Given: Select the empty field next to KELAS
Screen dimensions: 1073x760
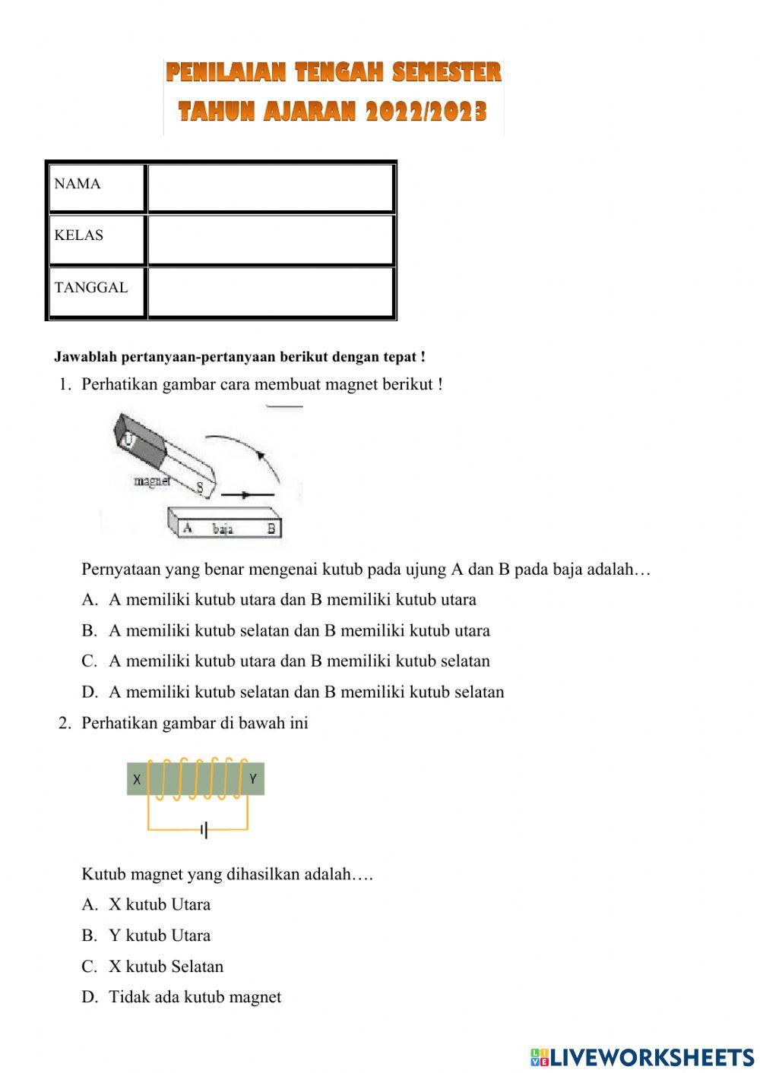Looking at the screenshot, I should [271, 239].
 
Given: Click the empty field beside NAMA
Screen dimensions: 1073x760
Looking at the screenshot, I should [271, 187].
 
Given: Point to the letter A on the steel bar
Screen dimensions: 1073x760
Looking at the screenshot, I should [187, 528].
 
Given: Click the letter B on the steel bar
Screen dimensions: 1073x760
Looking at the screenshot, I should [271, 529].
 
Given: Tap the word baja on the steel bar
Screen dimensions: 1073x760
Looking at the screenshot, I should [223, 529].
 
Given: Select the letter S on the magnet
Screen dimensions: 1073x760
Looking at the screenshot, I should [201, 488].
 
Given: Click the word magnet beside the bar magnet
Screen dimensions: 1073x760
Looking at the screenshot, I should [151, 481].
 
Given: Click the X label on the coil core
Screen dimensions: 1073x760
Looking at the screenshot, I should [137, 779].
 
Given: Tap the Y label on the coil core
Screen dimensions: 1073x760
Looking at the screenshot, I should [253, 778].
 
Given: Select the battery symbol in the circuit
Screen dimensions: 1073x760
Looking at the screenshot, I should [204, 830].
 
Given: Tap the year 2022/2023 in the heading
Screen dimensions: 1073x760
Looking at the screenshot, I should [426, 112].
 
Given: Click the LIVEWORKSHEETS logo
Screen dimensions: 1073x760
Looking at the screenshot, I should [641, 1056].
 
